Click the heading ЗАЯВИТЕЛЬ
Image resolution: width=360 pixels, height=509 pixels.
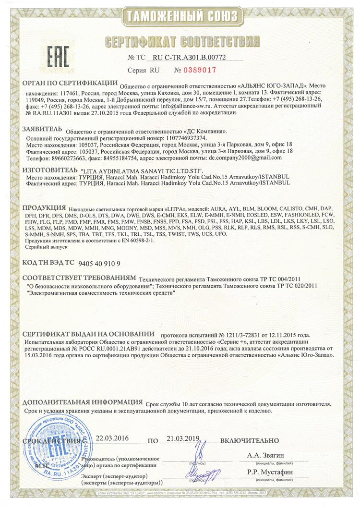[x=42, y=129]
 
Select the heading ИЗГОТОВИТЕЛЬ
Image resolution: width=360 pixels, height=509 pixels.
[x=49, y=170]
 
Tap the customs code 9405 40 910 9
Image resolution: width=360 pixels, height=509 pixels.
[x=98, y=263]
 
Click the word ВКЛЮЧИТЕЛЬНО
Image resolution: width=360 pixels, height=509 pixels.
[x=250, y=440]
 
